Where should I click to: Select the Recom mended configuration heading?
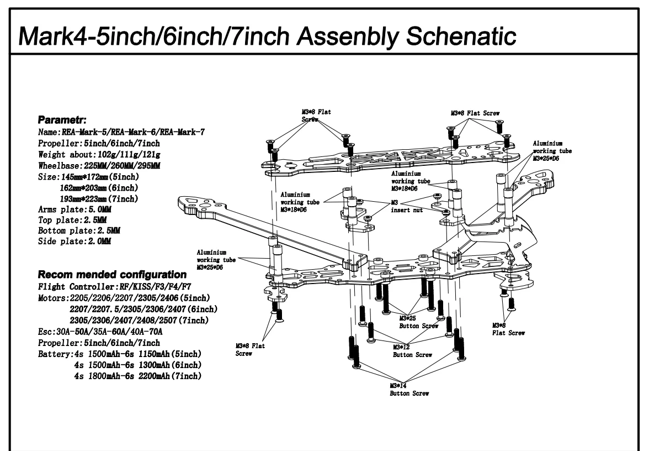click(x=112, y=274)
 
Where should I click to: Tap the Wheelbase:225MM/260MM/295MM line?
click(x=99, y=165)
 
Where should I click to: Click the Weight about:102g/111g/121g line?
click(x=94, y=154)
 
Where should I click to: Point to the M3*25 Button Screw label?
click(x=418, y=322)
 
